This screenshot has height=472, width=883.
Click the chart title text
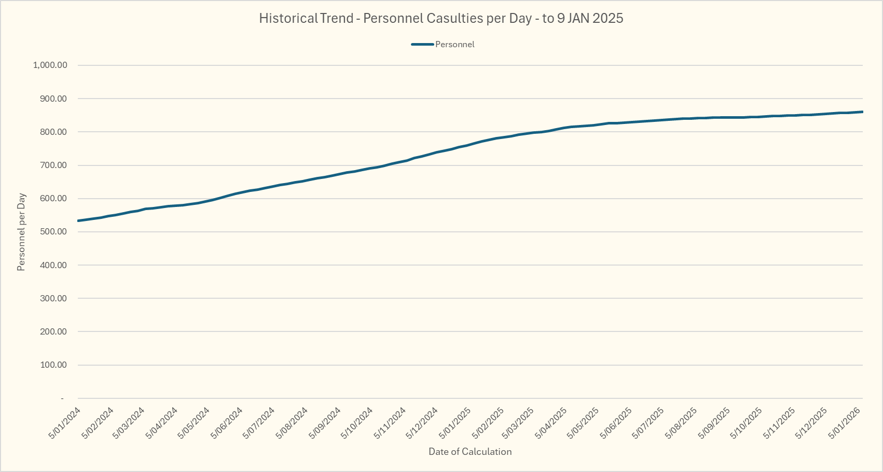click(441, 19)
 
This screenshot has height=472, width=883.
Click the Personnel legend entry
click(454, 45)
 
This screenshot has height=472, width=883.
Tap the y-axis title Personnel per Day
click(21, 232)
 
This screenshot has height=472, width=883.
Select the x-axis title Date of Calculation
click(470, 452)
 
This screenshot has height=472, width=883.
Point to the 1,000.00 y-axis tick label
click(50, 65)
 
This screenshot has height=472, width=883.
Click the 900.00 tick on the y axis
click(53, 99)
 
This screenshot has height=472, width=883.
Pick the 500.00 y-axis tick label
click(53, 232)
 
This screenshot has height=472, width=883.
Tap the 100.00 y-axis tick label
click(53, 365)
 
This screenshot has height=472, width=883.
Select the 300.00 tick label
click(53, 298)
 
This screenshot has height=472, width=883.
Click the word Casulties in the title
click(454, 19)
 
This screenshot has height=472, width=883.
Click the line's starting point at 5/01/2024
click(78, 221)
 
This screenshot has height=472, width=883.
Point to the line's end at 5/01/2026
click(862, 112)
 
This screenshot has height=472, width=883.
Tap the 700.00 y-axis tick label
click(53, 165)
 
